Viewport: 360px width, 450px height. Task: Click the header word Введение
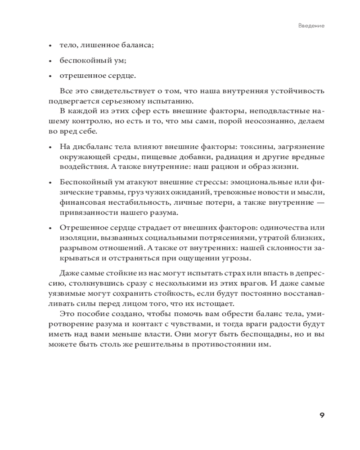(311, 26)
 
